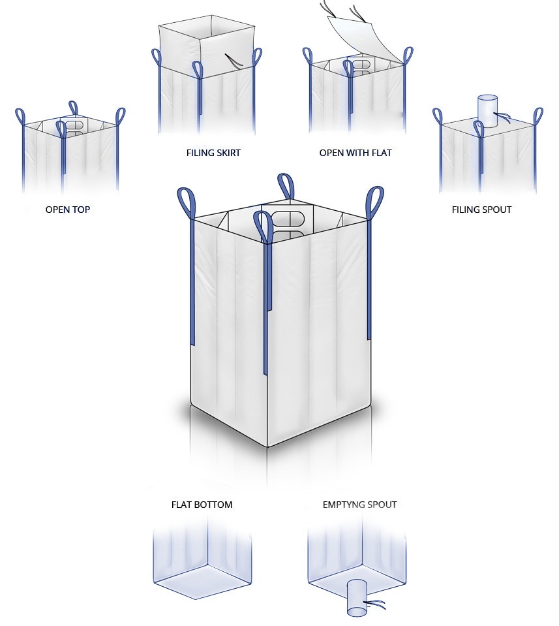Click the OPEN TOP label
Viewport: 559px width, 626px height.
click(x=68, y=210)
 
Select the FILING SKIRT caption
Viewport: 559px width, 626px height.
click(x=213, y=153)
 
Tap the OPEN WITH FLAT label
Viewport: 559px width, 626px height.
click(x=355, y=153)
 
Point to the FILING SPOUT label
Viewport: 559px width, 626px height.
click(x=481, y=210)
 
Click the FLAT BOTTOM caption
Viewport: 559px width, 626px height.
click(x=202, y=505)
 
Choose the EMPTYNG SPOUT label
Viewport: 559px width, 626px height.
click(x=359, y=505)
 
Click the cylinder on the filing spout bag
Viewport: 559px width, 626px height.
click(x=487, y=111)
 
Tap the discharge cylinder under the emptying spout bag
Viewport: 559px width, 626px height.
click(x=357, y=598)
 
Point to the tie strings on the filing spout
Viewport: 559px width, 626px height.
click(x=502, y=117)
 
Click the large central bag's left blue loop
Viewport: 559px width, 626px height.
click(x=187, y=203)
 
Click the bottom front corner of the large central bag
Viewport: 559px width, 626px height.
click(x=267, y=446)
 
